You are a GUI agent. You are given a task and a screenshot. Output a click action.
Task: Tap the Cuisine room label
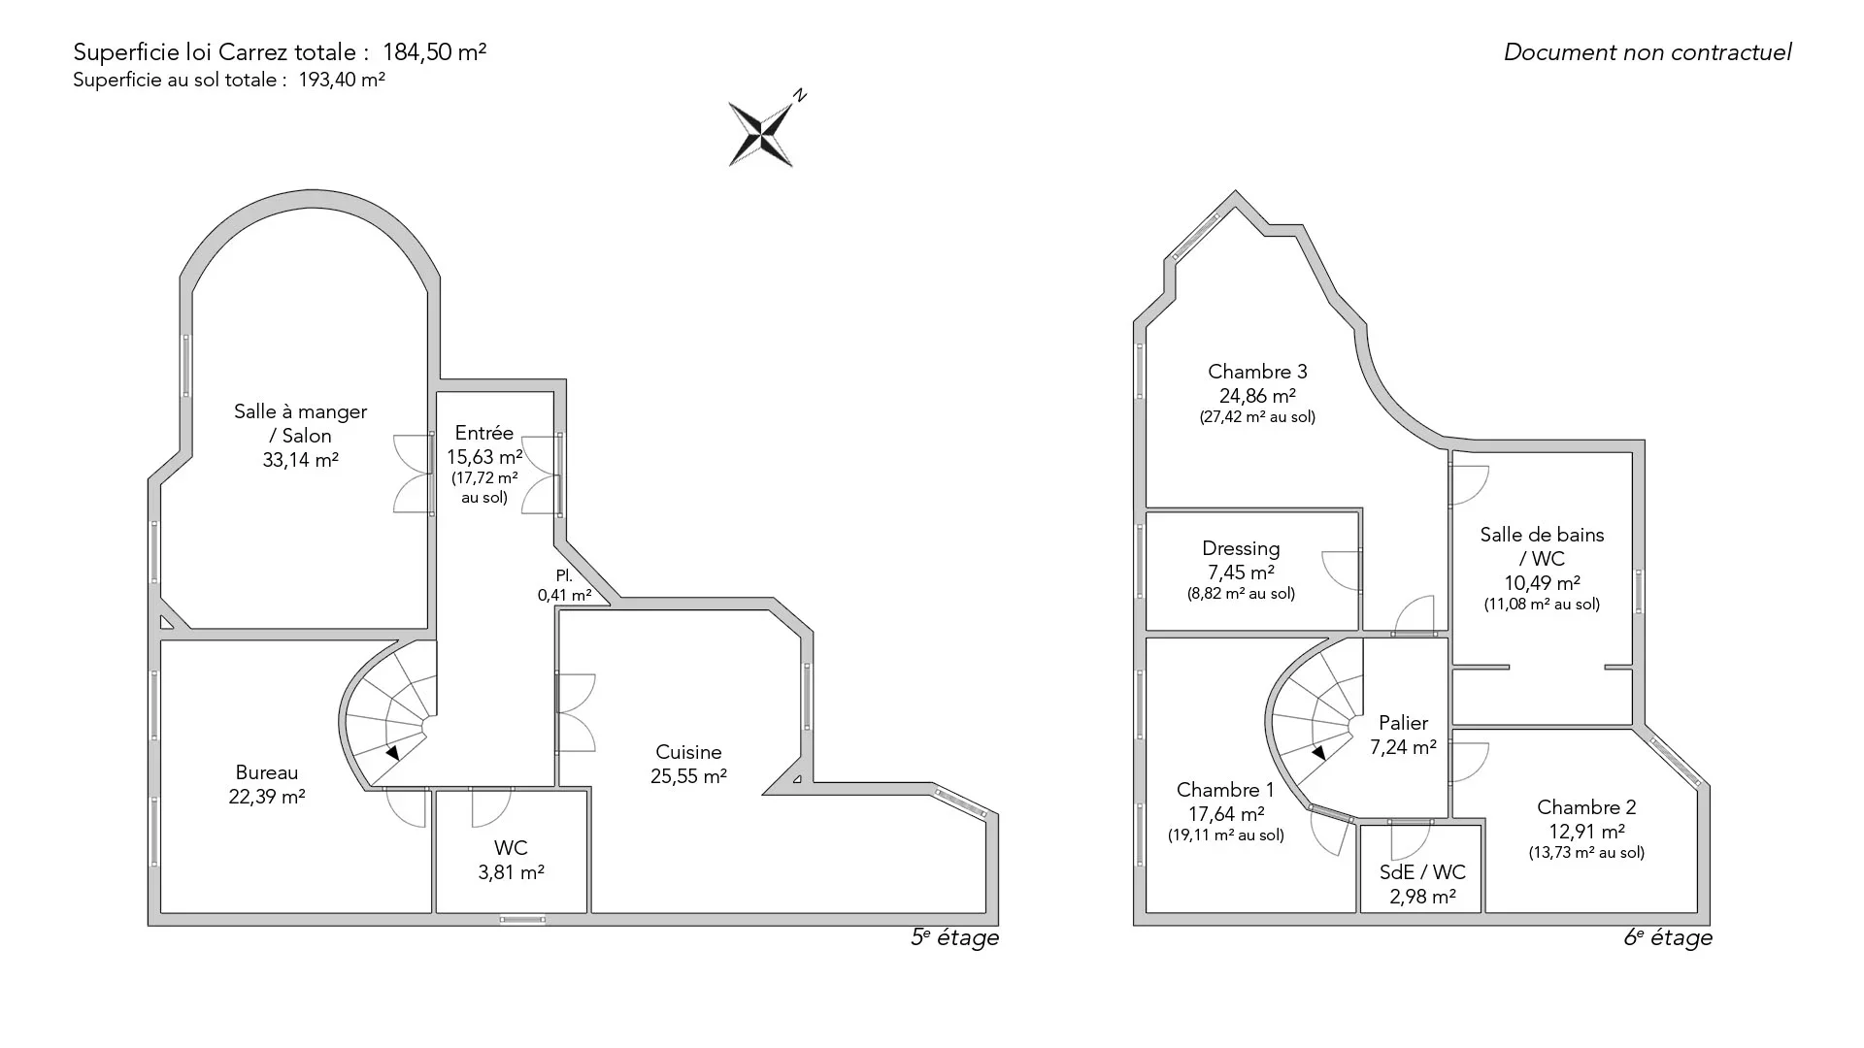click(688, 752)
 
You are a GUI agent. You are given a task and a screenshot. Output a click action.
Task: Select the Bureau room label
click(267, 772)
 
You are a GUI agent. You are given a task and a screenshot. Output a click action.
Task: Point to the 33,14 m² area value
click(300, 460)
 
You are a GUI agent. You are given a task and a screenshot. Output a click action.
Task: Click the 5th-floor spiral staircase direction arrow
click(392, 752)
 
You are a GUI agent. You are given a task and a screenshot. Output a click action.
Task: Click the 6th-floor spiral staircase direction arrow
click(1318, 752)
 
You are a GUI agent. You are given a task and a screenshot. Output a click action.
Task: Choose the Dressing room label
click(1241, 549)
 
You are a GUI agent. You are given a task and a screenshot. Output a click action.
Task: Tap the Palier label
click(1403, 723)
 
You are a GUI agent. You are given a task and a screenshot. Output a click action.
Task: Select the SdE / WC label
click(1422, 872)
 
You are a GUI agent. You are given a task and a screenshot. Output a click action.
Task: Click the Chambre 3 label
click(1257, 372)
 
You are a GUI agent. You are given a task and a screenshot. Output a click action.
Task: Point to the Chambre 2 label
click(1586, 807)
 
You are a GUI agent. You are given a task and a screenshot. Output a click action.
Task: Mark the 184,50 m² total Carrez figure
click(434, 52)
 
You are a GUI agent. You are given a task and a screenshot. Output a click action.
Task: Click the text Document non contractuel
click(1648, 52)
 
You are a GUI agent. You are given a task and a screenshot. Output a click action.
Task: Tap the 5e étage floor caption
click(954, 937)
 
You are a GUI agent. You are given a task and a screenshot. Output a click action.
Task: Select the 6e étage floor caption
click(1668, 937)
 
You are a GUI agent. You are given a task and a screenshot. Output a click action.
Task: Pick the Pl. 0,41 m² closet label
click(564, 585)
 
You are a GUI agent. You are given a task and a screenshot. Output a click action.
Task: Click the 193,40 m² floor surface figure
click(342, 81)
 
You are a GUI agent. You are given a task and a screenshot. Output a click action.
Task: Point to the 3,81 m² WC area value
click(511, 872)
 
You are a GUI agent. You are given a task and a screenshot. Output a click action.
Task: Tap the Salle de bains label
click(1542, 535)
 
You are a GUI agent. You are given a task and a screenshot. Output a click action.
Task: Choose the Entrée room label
click(484, 433)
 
